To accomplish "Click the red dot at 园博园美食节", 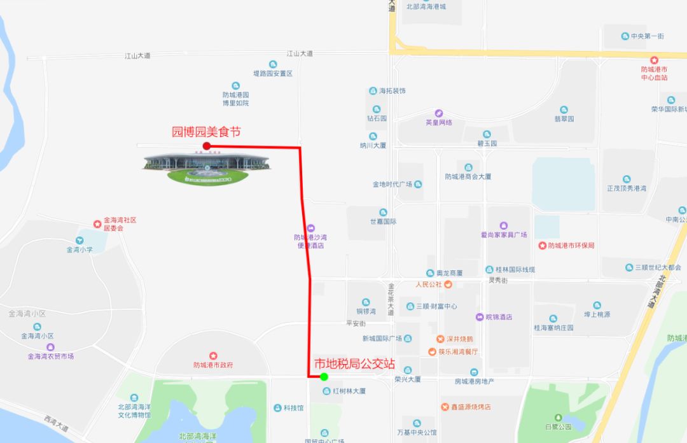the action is tap(207, 146).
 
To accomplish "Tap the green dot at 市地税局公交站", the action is tap(324, 377).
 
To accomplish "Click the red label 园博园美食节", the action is tap(207, 132).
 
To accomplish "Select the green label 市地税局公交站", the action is tap(355, 364).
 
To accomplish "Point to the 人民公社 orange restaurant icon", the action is tap(448, 284).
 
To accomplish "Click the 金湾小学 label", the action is tap(80, 250).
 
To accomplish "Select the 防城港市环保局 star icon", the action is tap(542, 246).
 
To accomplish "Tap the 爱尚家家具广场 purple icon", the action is tap(504, 225).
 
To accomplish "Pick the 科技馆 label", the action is tap(293, 408).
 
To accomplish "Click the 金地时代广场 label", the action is tap(393, 185).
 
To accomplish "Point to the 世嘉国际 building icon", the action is tap(383, 212).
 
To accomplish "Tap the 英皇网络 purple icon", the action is tap(439, 113).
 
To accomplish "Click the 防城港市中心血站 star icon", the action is tap(654, 59).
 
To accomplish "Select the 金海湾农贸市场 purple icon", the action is tap(50, 347).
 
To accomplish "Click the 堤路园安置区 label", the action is tap(272, 74).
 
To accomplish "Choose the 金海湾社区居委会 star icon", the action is tap(97, 223).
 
